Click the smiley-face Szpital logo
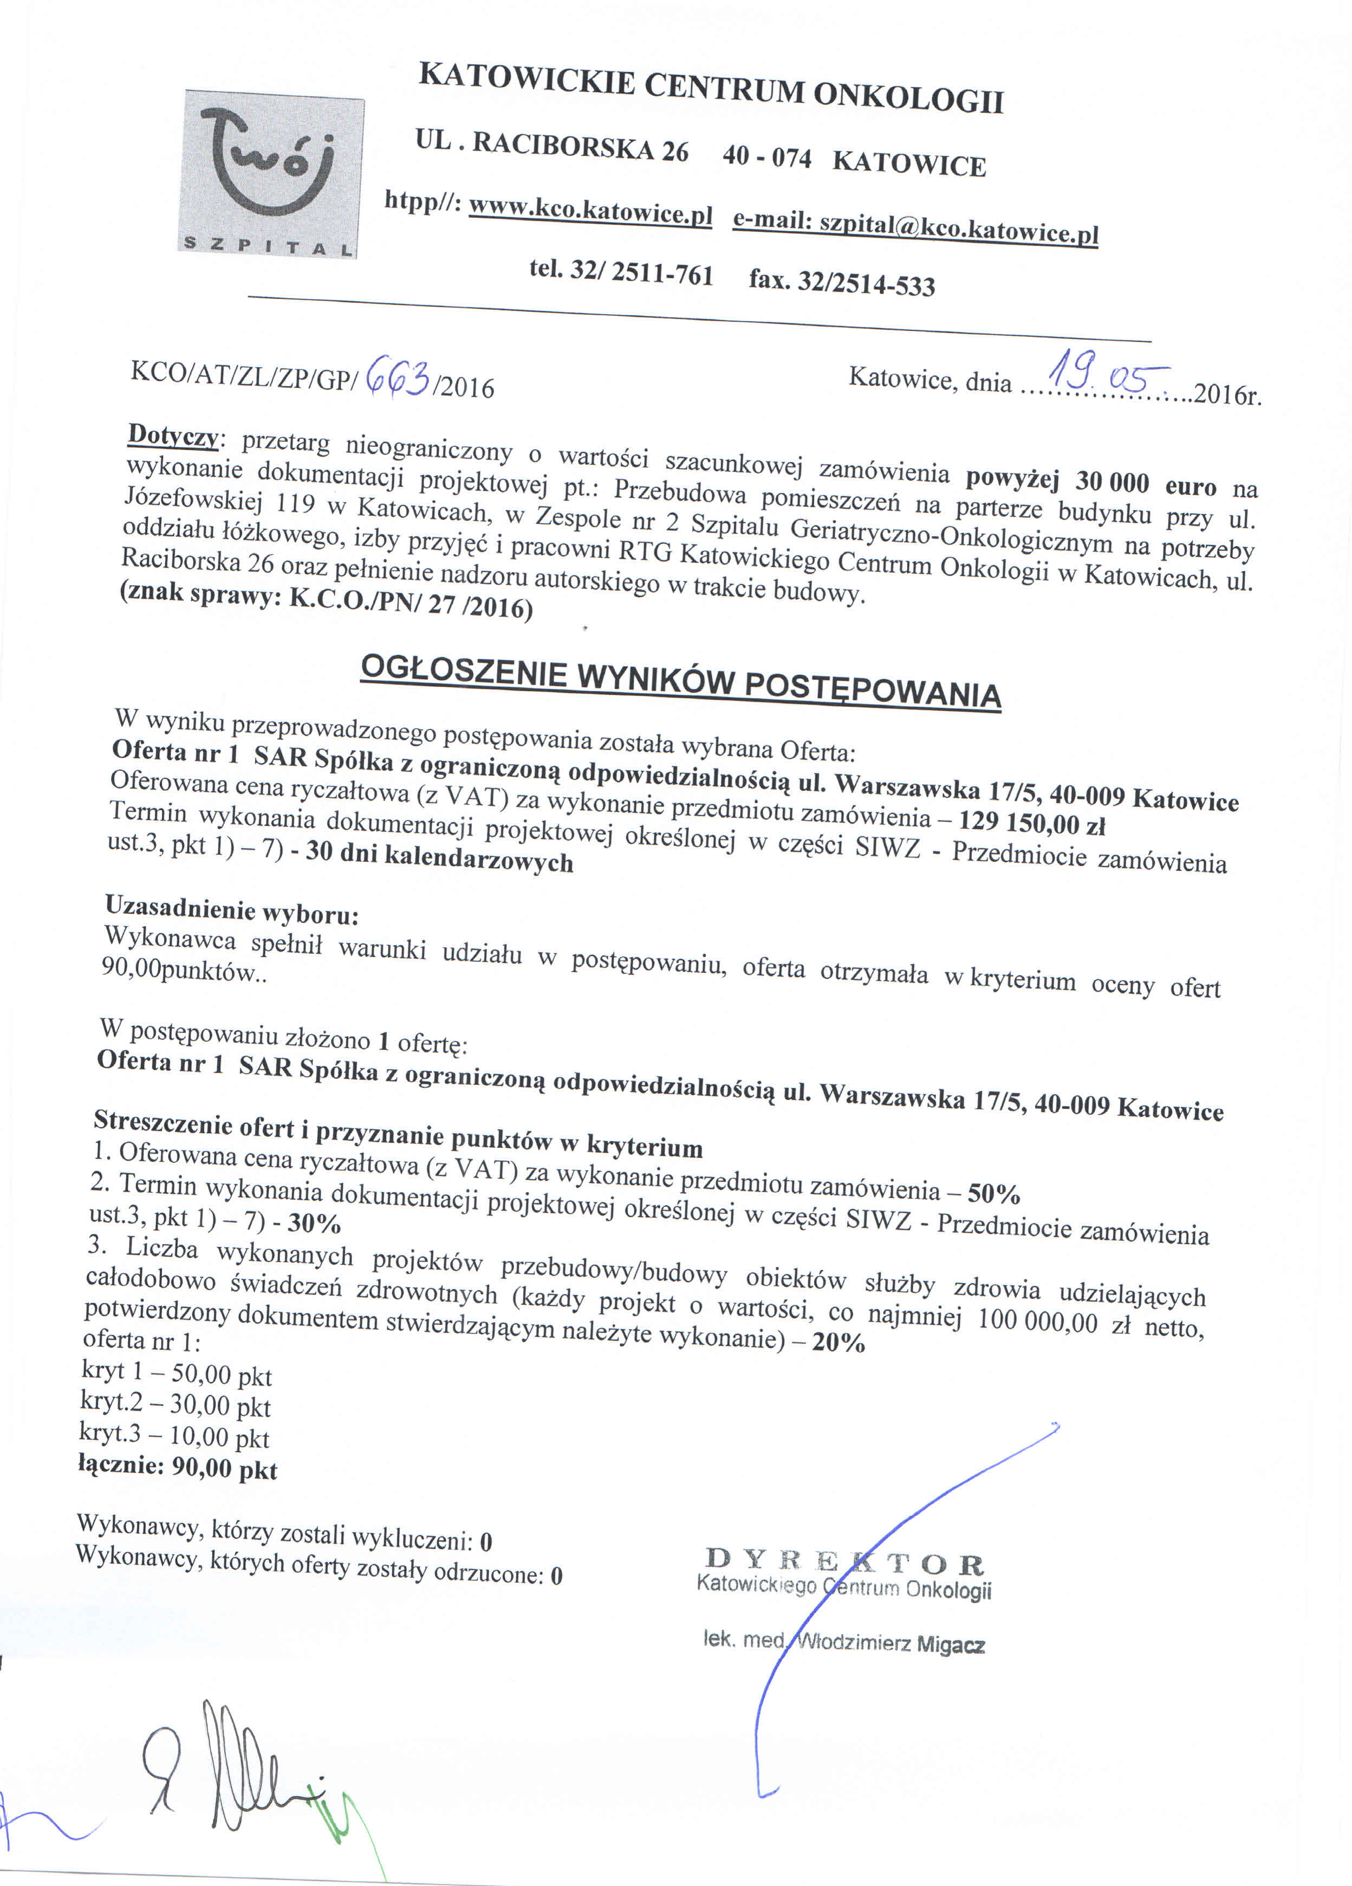point(272,173)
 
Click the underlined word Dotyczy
point(173,435)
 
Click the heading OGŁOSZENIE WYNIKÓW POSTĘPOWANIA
point(680,682)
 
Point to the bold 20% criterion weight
point(838,1341)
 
